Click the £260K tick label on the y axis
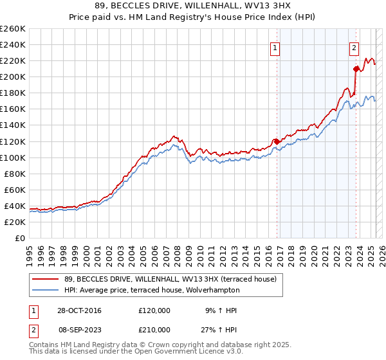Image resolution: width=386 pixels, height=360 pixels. click(x=13, y=29)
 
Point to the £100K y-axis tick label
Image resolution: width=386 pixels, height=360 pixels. click(x=13, y=157)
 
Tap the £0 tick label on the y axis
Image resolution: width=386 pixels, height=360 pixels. click(x=19, y=238)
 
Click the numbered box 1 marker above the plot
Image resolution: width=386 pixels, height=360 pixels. click(x=275, y=48)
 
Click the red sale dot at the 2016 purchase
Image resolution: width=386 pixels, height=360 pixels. click(x=277, y=141)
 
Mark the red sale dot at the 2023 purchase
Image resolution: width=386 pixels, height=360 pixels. click(x=355, y=69)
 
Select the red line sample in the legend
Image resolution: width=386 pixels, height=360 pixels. click(x=46, y=279)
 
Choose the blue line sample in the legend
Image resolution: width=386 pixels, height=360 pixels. click(x=46, y=291)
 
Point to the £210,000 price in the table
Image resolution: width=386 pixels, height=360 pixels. click(x=154, y=330)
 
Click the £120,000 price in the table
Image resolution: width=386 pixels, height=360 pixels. click(x=154, y=310)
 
